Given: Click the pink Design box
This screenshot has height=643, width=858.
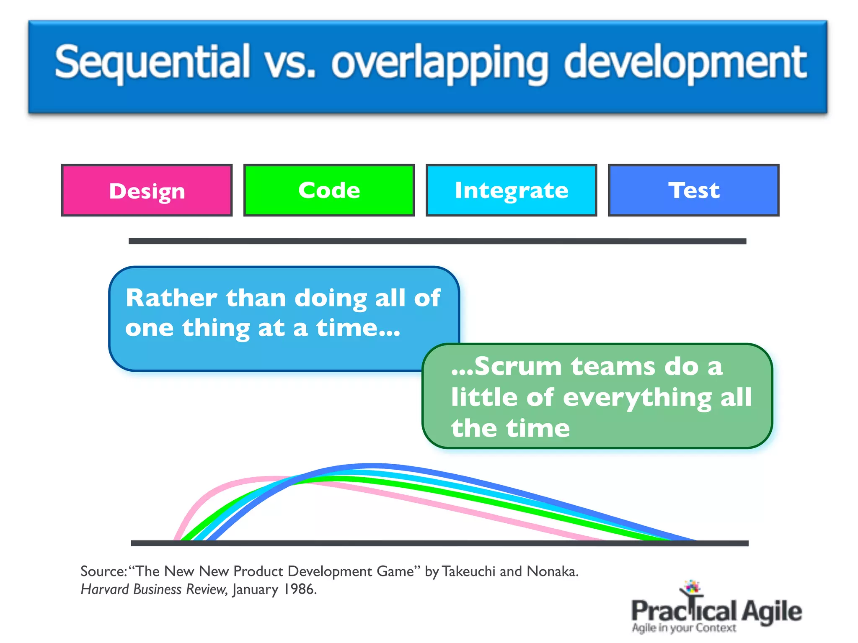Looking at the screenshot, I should (x=147, y=190).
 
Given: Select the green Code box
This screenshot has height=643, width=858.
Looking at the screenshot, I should (x=329, y=190).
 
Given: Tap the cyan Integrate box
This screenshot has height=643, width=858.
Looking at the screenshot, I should (x=511, y=190).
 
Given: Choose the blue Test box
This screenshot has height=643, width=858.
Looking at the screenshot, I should (x=693, y=190).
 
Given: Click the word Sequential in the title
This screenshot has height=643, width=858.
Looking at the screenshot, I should (x=152, y=63).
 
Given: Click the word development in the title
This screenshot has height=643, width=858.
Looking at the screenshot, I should (x=685, y=63).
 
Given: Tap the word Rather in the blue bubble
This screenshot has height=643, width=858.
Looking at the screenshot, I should (x=171, y=298).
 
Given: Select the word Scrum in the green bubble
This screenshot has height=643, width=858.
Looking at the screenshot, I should (x=518, y=366).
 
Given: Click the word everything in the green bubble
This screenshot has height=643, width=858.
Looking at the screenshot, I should (x=637, y=397).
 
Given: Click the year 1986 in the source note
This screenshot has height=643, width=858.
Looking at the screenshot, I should (x=298, y=589).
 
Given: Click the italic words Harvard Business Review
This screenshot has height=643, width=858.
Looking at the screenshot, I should (x=154, y=589).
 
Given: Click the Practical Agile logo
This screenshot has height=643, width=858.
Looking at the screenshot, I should (x=716, y=609).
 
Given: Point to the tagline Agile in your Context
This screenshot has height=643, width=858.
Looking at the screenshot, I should (x=684, y=628).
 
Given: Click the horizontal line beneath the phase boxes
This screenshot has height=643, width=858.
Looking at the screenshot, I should (x=437, y=241).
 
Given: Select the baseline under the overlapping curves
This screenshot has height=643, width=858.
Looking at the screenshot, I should (x=439, y=543).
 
